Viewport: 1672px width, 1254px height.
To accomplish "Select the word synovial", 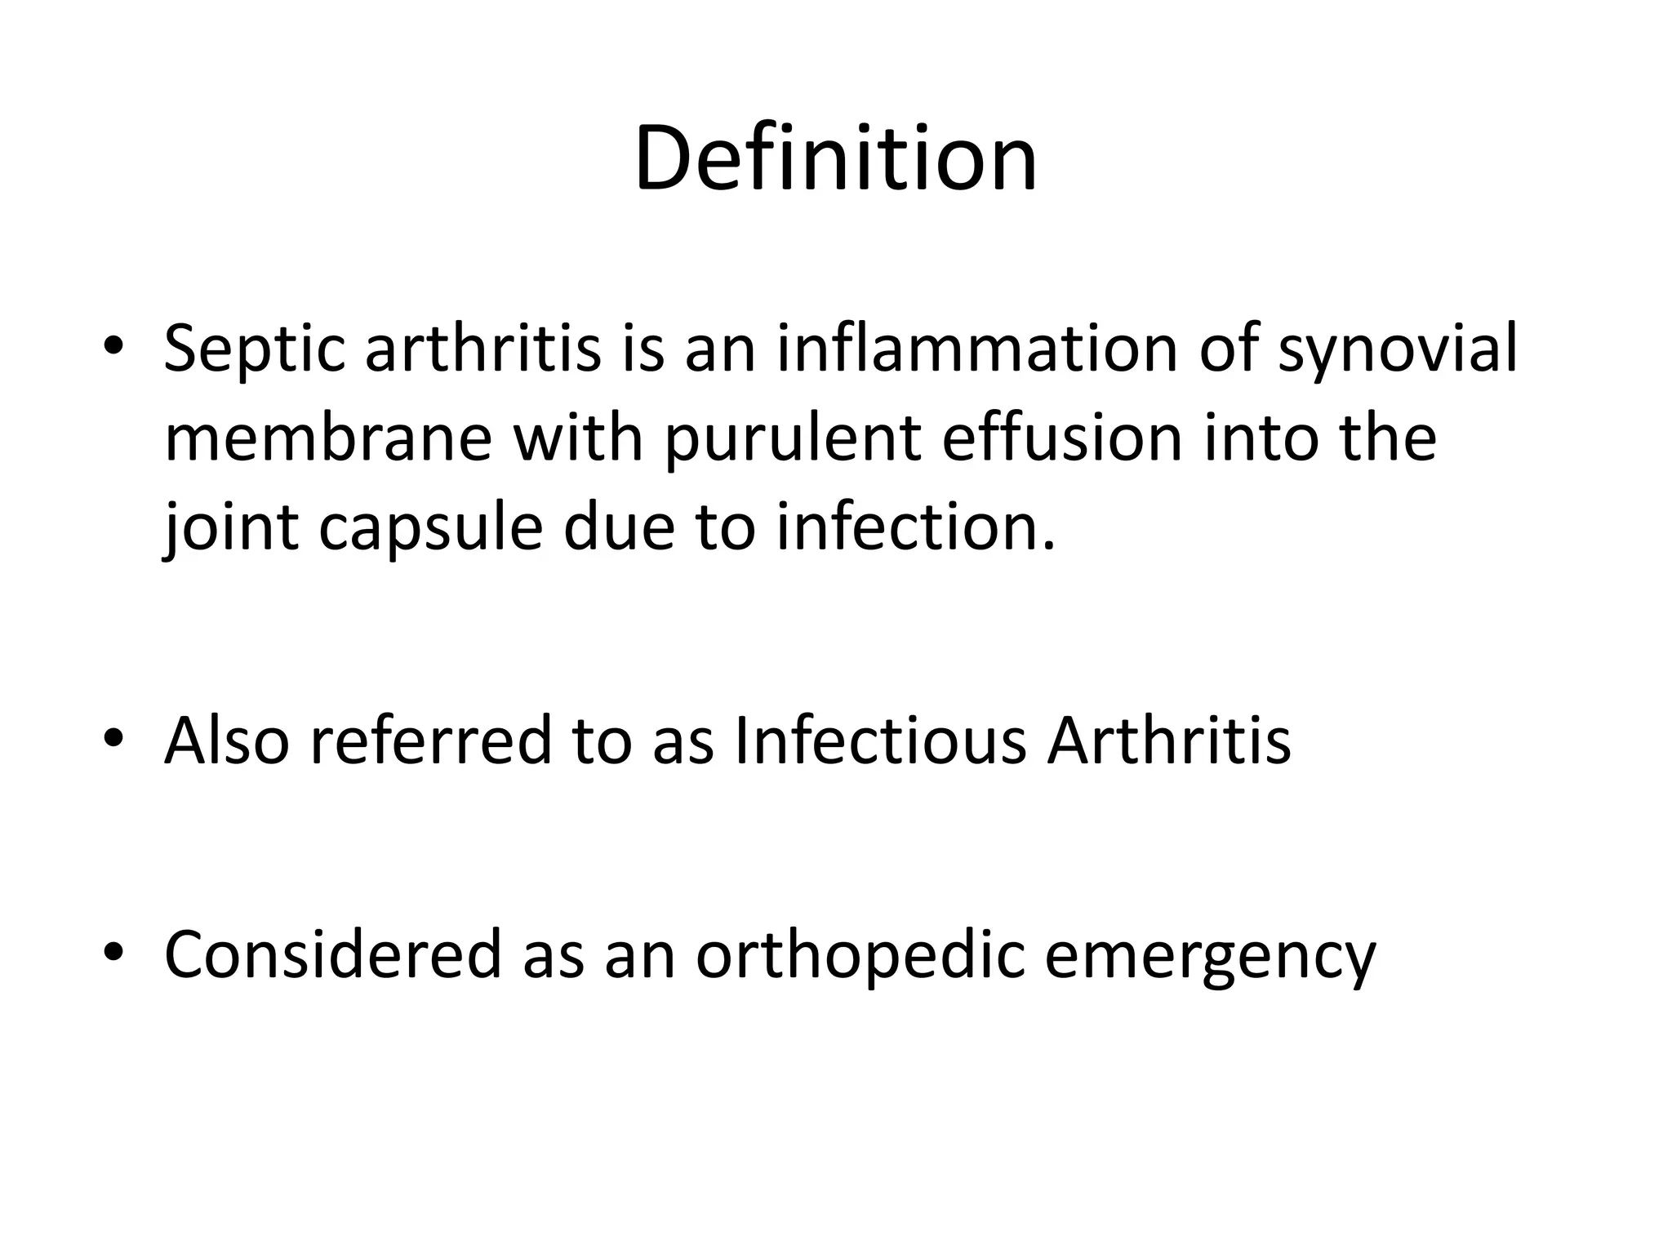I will tap(1397, 349).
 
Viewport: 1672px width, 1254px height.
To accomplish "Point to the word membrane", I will tap(327, 438).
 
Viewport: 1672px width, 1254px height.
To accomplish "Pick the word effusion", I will tap(1062, 438).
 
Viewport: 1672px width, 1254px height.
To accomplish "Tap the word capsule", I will tap(430, 527).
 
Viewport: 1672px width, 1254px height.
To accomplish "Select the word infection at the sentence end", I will tap(914, 526).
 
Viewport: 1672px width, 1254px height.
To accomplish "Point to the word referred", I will tap(431, 740).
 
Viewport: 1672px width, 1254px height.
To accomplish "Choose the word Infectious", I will tap(880, 740).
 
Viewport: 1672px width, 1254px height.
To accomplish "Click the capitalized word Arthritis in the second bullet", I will tap(1169, 740).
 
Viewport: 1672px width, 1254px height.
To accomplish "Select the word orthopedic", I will tap(860, 955).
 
